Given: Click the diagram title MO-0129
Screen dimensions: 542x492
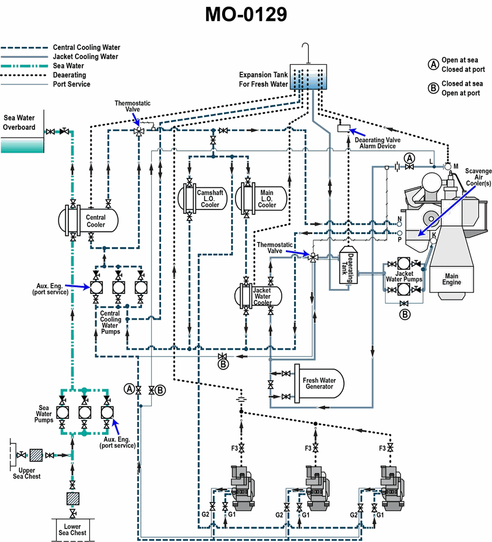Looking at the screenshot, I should (x=246, y=15).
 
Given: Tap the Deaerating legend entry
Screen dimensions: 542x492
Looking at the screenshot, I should (x=69, y=75).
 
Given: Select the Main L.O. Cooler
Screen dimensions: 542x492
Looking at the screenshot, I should (x=265, y=198).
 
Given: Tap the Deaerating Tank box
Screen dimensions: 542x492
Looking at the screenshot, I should (x=349, y=269).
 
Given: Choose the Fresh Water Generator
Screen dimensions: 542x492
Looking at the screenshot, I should (x=318, y=382).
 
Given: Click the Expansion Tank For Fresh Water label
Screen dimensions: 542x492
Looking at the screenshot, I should (x=264, y=79).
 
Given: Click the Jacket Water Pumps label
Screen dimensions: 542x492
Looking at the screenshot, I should (x=404, y=277).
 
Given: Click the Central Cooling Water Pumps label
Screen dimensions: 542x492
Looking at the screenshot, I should (x=110, y=323).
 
